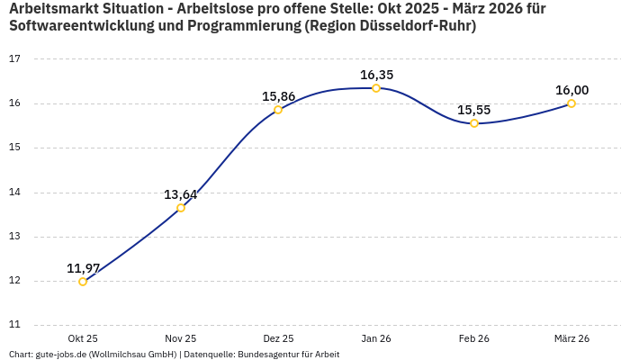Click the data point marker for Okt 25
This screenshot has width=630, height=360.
coord(83,282)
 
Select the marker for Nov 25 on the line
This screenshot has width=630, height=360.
coord(181,208)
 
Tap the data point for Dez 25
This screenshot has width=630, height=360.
coord(278,110)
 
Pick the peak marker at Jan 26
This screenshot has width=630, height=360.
coord(376,88)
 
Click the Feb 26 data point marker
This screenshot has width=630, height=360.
coord(474,123)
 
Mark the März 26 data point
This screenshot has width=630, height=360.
coord(571,103)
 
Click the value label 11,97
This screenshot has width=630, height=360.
coord(83,268)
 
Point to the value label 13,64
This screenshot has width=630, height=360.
coord(181,194)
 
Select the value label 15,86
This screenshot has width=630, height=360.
coord(278,96)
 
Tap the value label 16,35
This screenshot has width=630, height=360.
coord(376,75)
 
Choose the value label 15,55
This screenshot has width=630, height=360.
coord(474,110)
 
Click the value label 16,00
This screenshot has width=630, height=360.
coord(571,90)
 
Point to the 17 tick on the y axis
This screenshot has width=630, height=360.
coord(14,59)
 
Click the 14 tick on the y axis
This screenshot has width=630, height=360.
coord(14,193)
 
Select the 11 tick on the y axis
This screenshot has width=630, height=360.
coord(14,326)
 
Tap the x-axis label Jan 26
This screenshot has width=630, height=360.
coord(376,339)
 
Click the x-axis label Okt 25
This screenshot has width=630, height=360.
coord(83,339)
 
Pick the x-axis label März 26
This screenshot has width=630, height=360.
coord(571,339)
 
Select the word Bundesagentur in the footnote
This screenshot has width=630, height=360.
coord(269,355)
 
